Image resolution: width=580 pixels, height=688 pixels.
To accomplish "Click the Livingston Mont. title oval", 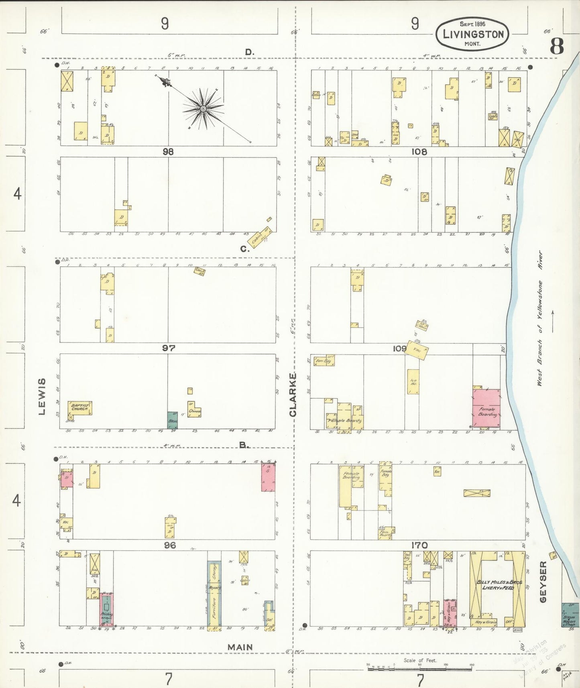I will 472,34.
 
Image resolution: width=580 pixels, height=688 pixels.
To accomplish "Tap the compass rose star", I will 203,109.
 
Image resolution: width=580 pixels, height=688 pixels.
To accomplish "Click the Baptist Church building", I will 79,408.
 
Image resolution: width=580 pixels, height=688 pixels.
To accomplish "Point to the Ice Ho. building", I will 413,381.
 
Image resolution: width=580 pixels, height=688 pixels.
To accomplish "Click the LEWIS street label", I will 42,396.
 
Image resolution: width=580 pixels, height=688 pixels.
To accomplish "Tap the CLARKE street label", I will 293,395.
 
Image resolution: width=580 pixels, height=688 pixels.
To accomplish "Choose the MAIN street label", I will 240,647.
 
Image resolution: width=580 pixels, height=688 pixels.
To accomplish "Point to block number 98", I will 168,152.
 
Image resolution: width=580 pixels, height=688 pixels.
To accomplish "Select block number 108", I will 419,152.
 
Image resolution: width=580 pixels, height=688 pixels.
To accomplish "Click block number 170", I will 419,545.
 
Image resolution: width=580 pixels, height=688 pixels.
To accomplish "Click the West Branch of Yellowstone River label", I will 540,319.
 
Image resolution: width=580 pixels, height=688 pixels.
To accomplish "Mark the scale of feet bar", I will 420,668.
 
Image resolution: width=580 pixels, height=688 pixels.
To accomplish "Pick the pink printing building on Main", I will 106,609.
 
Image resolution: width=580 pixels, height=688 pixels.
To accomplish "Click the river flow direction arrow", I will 553,321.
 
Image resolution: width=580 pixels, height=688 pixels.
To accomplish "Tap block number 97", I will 169,348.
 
